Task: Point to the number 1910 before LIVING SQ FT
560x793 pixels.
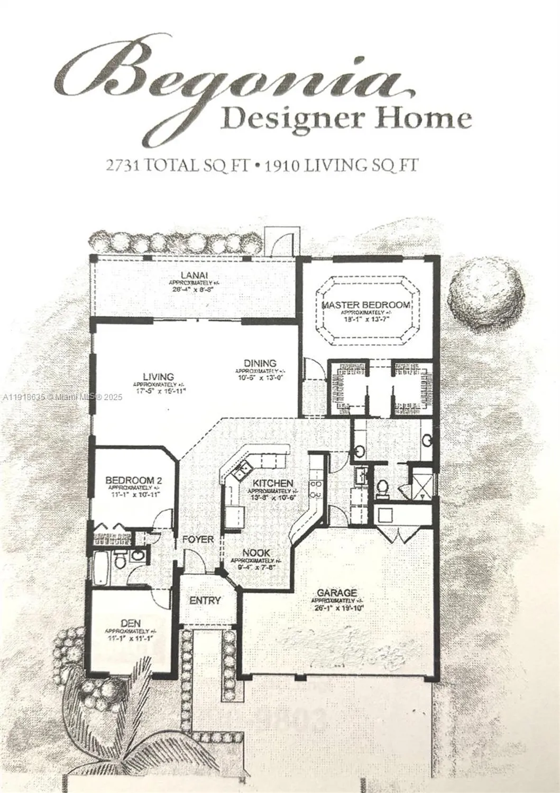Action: coord(283,165)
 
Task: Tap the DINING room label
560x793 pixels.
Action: coord(260,363)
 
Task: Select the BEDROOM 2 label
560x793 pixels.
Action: coord(133,480)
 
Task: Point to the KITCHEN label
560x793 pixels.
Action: coord(272,483)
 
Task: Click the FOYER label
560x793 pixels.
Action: coord(198,540)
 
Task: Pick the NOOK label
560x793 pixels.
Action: coord(256,553)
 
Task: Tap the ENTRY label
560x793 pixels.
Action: coord(205,601)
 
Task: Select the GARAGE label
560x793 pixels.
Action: coord(337,593)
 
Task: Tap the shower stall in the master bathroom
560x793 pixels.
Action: coord(423,483)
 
